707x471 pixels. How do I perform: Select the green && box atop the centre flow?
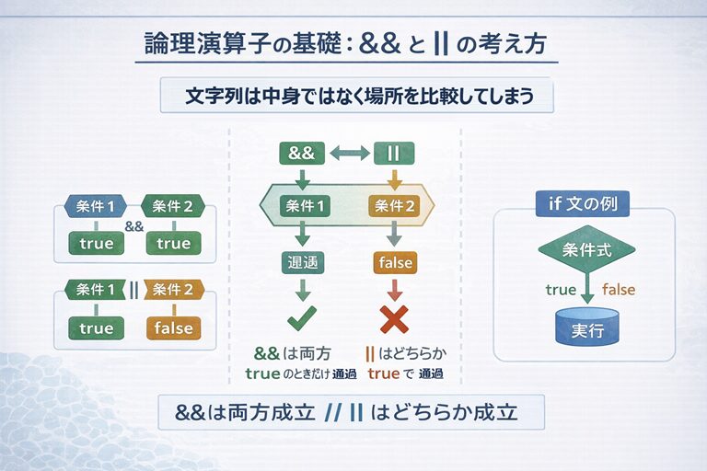coord(302,154)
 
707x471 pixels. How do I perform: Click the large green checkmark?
coord(302,320)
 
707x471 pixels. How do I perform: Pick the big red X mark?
coord(395,319)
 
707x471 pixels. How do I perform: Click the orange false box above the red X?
coord(395,263)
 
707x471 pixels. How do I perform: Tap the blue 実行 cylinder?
coord(586,328)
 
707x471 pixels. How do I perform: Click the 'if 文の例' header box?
coord(582,203)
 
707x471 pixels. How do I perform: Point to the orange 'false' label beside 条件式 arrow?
coord(618,290)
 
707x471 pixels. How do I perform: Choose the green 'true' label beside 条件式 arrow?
coord(561,290)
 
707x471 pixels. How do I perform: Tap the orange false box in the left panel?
coord(173,327)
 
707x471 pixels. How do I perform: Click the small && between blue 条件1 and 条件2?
coord(134,225)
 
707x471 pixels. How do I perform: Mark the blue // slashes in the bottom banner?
coord(334,412)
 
